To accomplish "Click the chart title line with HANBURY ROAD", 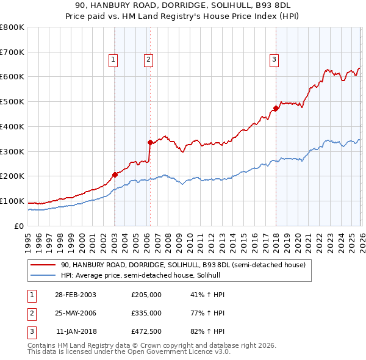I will tap(182, 4).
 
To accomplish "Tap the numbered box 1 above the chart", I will tap(113, 59).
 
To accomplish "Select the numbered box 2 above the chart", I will tap(148, 59).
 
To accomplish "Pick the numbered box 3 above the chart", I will tap(274, 59).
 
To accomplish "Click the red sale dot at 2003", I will tap(115, 175).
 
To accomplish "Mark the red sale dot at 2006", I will tap(150, 142).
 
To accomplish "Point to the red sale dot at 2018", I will tap(276, 109).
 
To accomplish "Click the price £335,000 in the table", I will tap(146, 312).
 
